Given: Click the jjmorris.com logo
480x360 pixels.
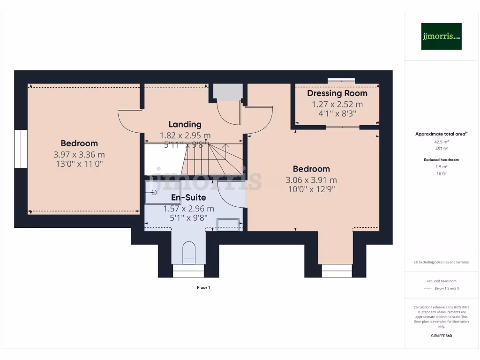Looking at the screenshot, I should click(x=441, y=36).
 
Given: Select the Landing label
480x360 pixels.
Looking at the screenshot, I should click(x=185, y=124).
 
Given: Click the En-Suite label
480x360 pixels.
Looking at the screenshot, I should click(x=188, y=197).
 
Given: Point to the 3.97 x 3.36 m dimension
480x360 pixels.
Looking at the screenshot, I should click(x=79, y=154).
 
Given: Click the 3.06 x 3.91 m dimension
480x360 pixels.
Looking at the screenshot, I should click(x=311, y=180).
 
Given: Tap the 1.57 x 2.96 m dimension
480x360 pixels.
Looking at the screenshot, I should click(x=188, y=209).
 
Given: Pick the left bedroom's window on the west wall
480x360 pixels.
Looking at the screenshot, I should click(x=21, y=149).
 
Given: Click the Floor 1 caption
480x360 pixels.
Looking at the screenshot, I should click(x=203, y=287).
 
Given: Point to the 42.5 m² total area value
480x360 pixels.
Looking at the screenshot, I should click(x=441, y=142).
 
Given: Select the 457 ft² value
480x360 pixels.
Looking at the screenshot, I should click(x=441, y=149).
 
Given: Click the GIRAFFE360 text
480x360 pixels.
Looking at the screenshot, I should click(x=441, y=336).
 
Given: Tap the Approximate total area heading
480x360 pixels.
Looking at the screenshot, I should click(x=441, y=134).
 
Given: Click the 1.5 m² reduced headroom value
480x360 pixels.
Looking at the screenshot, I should click(x=441, y=166).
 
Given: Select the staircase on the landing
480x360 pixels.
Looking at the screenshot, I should click(x=211, y=159).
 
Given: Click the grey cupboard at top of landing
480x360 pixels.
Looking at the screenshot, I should click(x=227, y=91).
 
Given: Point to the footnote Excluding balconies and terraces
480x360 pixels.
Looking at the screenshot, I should click(x=441, y=262).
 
